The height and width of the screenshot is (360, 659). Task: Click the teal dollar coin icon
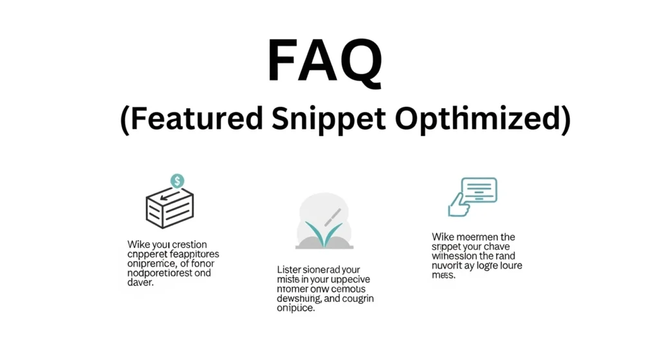pos(177,181)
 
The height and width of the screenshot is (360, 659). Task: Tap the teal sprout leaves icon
pos(324,233)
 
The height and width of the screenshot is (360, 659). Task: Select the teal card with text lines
pos(479,191)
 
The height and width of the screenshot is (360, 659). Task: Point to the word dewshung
pos(295,299)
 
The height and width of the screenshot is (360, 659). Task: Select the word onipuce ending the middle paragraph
pos(295,308)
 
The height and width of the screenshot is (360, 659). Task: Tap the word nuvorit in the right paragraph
pos(449,265)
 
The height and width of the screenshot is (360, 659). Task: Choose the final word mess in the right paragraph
pos(443,275)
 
